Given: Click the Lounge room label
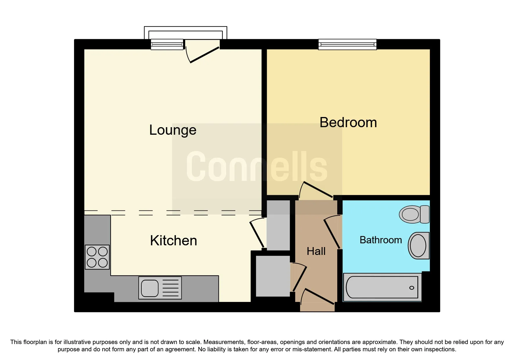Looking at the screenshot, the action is [x=173, y=130].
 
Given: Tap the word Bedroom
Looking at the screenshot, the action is [x=348, y=122].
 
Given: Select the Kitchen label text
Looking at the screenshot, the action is [x=174, y=240].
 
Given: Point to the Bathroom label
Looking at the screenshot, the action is [x=381, y=240].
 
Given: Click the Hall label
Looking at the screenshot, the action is [x=316, y=251].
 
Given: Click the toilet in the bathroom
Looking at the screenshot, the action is [x=414, y=214].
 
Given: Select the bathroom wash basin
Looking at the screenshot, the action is [x=419, y=246].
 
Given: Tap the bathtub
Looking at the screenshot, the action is [x=382, y=287].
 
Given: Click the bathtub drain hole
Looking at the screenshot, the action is [x=412, y=288].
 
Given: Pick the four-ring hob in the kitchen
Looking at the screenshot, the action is [x=97, y=257].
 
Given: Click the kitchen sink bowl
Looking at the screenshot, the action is [x=150, y=288].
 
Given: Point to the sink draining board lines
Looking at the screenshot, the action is [x=170, y=288].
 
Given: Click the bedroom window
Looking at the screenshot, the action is [x=347, y=44].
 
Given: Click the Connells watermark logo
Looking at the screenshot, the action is [x=257, y=166].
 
